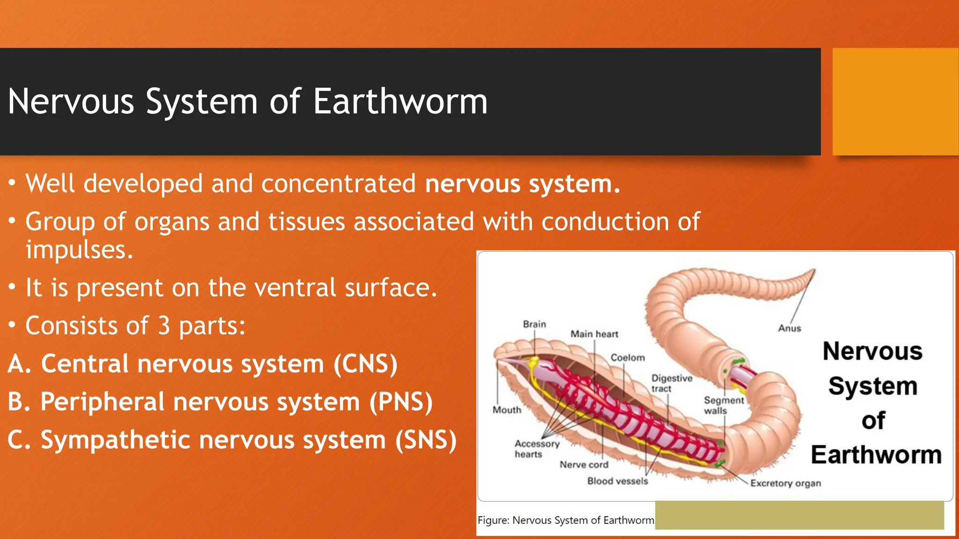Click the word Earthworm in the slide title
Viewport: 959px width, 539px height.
click(400, 102)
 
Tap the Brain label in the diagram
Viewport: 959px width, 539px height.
click(534, 324)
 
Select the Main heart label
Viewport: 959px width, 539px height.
click(594, 334)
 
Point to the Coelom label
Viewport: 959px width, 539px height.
click(627, 358)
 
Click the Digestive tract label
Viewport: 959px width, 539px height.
click(671, 383)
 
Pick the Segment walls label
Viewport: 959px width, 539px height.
click(723, 405)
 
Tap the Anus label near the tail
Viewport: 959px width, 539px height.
click(789, 328)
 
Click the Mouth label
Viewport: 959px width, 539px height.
click(507, 410)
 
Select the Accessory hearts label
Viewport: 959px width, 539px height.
click(537, 449)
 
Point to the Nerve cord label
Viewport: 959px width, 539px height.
click(584, 465)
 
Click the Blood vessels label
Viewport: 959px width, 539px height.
click(618, 481)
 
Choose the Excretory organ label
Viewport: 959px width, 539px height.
click(785, 483)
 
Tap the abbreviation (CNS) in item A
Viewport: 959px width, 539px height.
click(365, 364)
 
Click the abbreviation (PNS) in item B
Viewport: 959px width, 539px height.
click(401, 402)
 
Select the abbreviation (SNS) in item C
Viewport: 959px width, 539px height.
click(426, 440)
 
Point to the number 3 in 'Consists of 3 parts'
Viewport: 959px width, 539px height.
click(163, 326)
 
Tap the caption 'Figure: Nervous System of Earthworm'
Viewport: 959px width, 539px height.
click(566, 520)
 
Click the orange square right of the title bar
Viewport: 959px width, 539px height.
click(895, 102)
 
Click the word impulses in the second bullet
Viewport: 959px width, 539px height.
click(79, 250)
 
